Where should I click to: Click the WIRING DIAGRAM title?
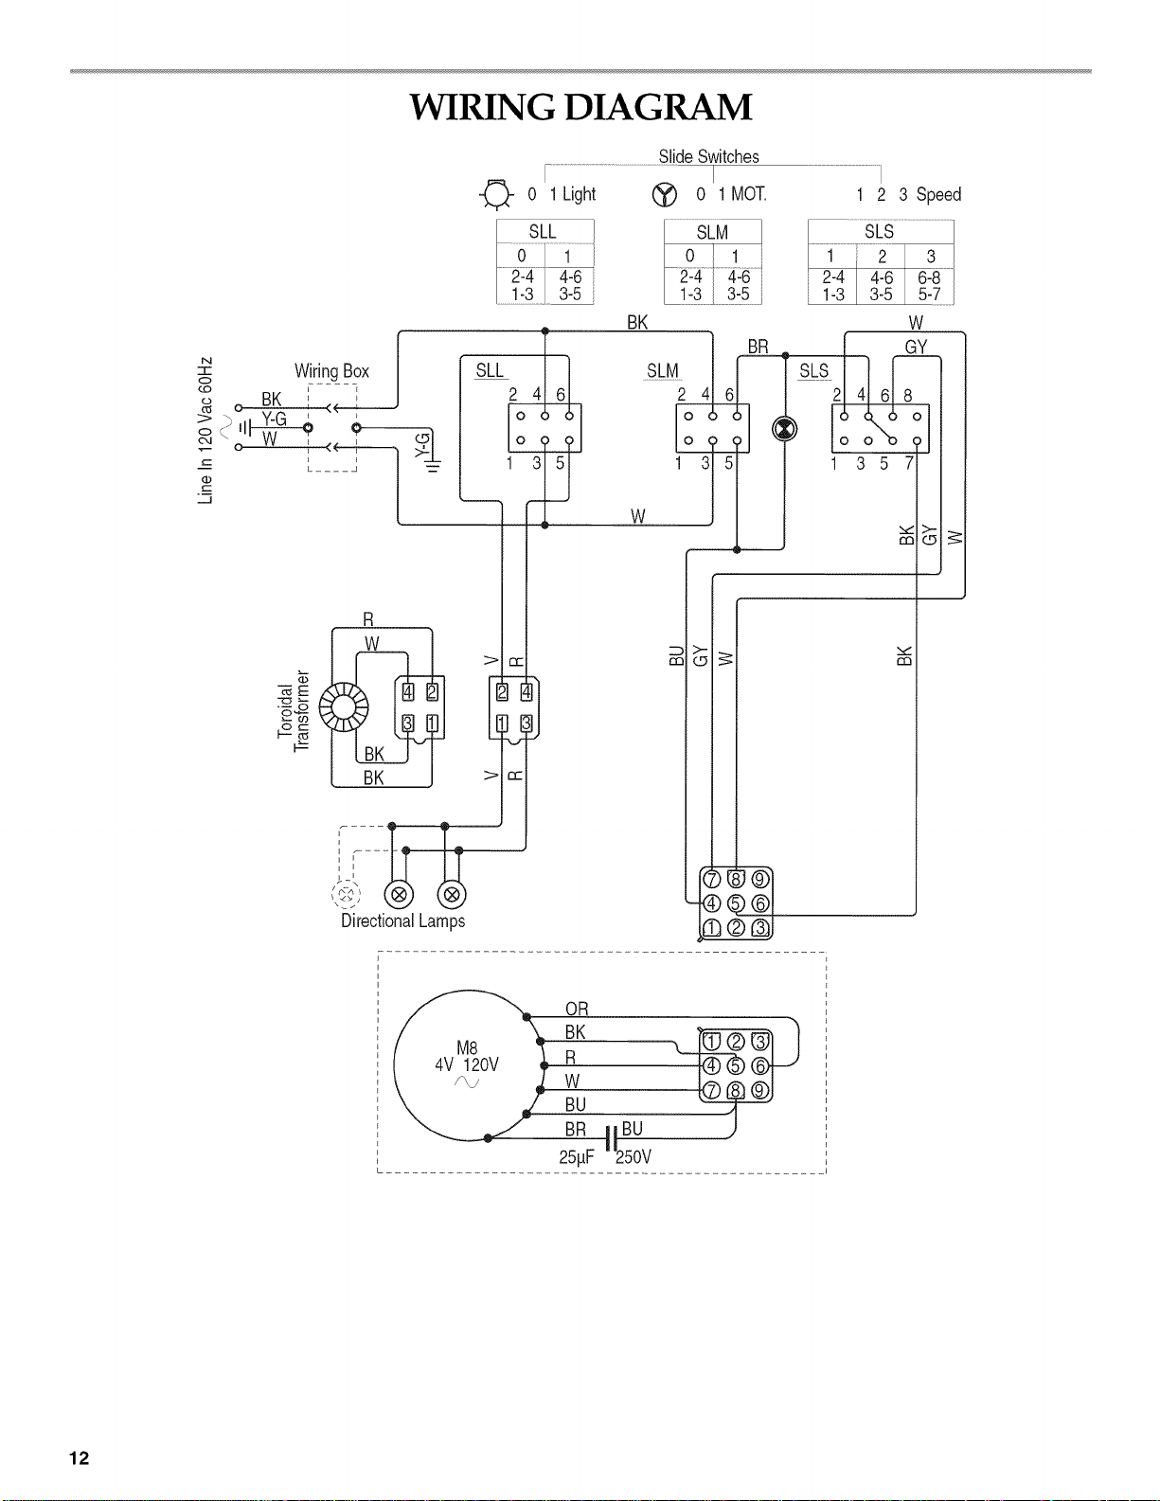click(x=580, y=108)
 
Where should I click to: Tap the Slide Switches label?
click(x=708, y=157)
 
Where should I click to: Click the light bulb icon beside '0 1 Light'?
click(x=496, y=194)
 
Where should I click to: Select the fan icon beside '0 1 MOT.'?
click(x=664, y=195)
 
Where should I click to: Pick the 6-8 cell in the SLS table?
click(x=929, y=277)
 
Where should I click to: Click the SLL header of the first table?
click(x=543, y=232)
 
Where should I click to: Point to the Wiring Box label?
click(x=332, y=371)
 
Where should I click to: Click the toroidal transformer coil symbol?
click(x=343, y=707)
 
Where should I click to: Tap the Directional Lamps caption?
click(x=403, y=920)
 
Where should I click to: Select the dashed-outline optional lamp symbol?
click(x=346, y=895)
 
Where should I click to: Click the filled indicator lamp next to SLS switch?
click(x=784, y=429)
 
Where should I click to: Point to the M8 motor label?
click(x=467, y=1048)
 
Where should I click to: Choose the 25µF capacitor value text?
click(x=577, y=1157)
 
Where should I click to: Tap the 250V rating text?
click(x=634, y=1157)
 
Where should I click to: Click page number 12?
click(x=80, y=1457)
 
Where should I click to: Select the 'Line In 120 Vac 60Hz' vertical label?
click(x=205, y=430)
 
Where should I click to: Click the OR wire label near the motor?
click(x=577, y=1010)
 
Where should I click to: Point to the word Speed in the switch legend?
click(x=938, y=195)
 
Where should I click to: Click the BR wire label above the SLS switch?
click(x=758, y=347)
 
